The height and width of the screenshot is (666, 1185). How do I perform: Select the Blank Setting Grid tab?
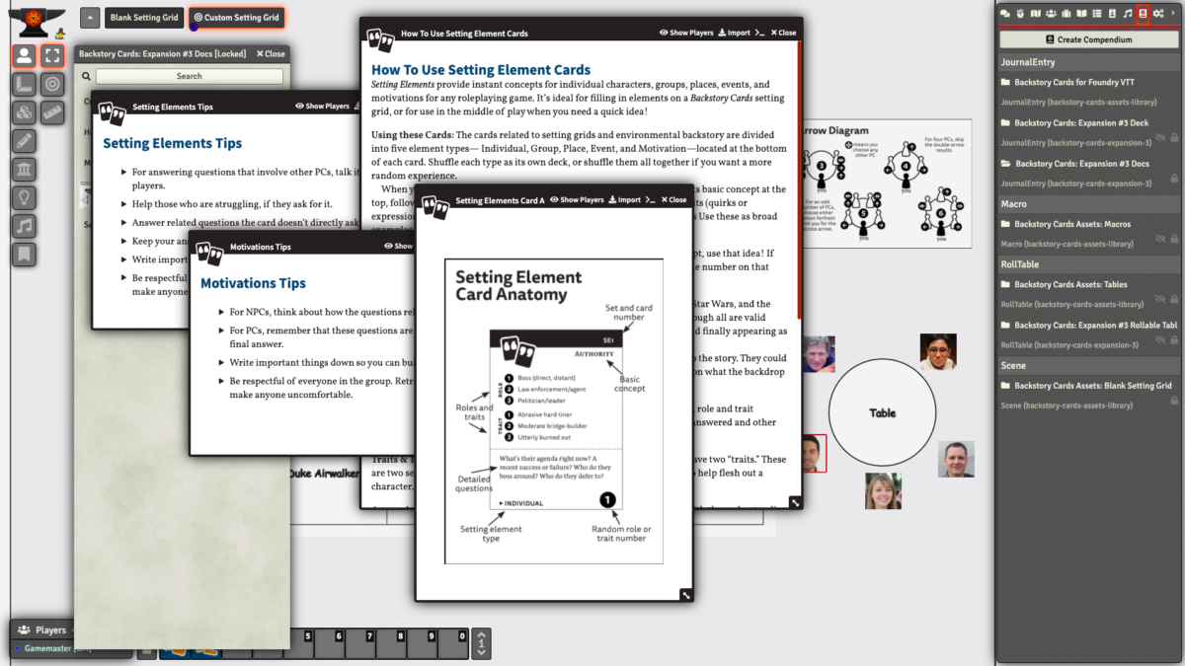(144, 18)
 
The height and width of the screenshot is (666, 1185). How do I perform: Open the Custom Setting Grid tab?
(237, 18)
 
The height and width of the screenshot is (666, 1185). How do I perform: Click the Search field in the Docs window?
(189, 76)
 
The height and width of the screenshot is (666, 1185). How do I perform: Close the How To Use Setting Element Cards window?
(783, 33)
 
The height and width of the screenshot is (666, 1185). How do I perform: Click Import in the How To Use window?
(734, 33)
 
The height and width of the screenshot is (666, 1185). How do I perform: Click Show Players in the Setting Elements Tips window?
(322, 107)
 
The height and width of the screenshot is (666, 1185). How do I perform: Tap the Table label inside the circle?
(882, 413)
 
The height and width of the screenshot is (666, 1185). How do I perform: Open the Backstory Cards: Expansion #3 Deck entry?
(1081, 123)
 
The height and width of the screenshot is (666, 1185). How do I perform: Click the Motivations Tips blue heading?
(253, 283)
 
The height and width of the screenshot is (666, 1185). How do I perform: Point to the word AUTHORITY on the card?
(594, 353)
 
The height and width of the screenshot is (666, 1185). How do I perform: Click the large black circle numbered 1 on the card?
(607, 500)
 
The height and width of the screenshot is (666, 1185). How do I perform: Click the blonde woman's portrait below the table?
(883, 491)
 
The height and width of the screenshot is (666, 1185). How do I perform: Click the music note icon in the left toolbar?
(25, 226)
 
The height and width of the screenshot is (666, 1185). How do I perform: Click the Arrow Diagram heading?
(834, 130)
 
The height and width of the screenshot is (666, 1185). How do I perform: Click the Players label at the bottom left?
(50, 629)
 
